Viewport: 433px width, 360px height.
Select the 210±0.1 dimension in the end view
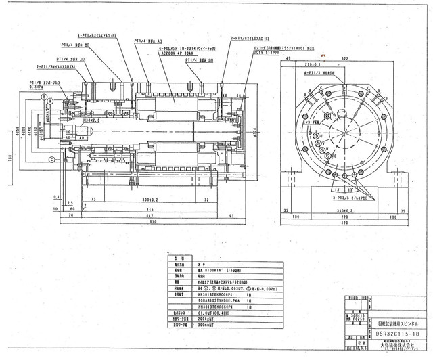(352, 66)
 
